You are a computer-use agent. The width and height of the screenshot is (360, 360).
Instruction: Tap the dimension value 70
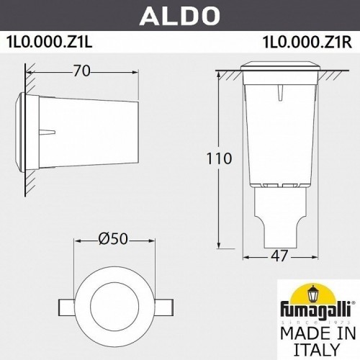84,71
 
